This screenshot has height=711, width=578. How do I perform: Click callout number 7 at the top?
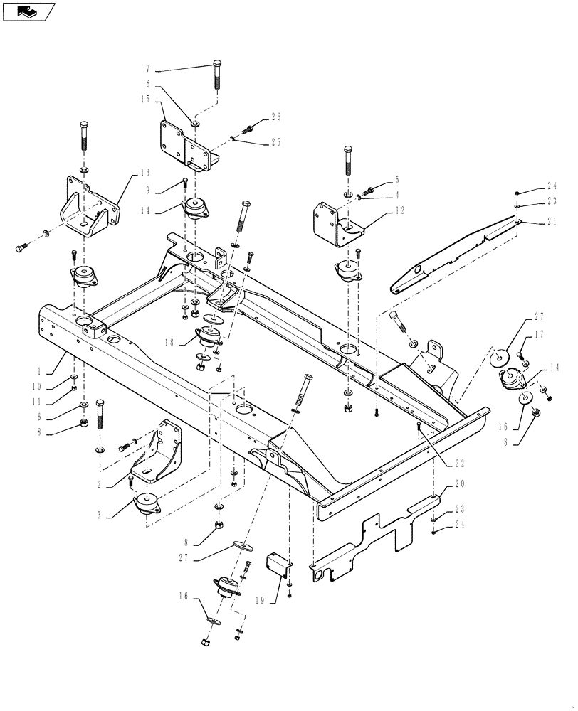(147, 70)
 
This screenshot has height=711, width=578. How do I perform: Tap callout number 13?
(145, 172)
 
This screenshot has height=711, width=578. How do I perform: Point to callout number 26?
(276, 117)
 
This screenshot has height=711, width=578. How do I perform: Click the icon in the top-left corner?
(28, 11)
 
